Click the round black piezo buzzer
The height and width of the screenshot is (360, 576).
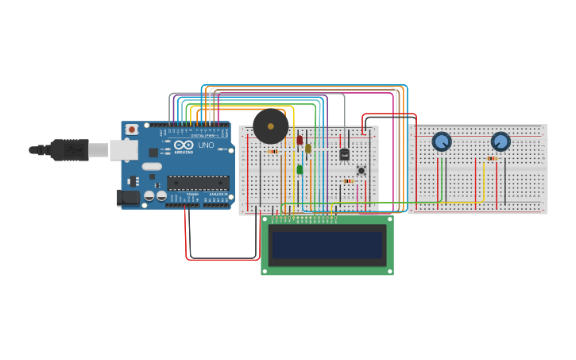[271, 126]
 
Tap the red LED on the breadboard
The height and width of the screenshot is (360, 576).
[300, 140]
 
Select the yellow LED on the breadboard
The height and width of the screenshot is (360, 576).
[308, 148]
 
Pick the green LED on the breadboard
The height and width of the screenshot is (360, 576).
[300, 168]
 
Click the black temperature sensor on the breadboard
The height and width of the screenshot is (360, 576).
[344, 154]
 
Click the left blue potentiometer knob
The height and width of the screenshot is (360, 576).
[442, 141]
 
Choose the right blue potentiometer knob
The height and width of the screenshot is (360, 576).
[501, 141]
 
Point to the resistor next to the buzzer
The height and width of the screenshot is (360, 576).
[273, 151]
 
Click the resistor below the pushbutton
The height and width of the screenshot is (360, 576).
[348, 181]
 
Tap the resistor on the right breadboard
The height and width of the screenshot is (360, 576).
[492, 158]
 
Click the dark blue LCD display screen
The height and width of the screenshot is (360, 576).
[327, 245]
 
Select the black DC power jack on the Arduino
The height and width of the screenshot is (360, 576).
[127, 197]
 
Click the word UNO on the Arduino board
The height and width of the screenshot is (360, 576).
[205, 145]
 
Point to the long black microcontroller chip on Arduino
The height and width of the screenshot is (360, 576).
[198, 182]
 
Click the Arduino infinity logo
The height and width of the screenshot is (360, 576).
[183, 145]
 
